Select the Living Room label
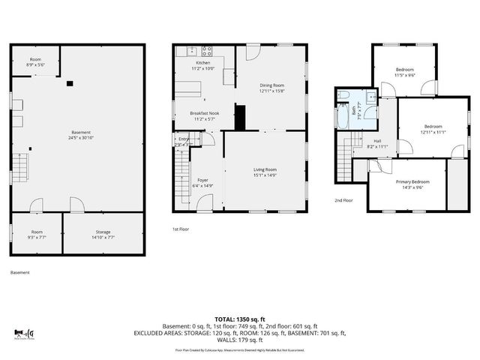265,169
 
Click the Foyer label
202,180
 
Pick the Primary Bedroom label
413,182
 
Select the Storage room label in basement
103,232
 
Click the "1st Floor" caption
181,229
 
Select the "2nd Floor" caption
344,200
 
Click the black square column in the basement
69,84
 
